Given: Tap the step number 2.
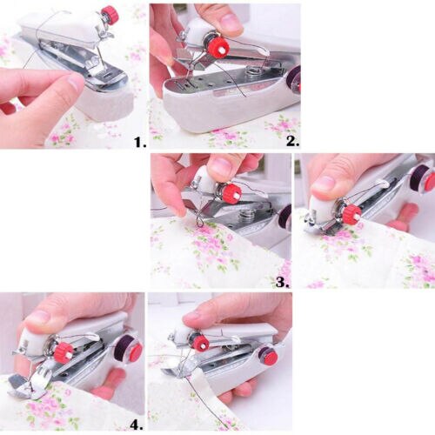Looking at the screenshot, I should [291, 140].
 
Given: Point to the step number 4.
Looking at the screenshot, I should [137, 425].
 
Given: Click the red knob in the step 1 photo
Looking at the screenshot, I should [110, 15].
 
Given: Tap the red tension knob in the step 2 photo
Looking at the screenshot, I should [217, 46].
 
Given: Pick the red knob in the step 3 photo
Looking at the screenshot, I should [231, 193].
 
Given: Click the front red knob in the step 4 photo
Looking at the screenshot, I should [64, 352].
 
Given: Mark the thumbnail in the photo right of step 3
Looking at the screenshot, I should [325, 184].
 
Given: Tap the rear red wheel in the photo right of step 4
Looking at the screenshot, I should [270, 357].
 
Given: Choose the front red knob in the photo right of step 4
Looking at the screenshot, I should [201, 344].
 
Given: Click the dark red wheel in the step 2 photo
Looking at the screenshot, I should [294, 80].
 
